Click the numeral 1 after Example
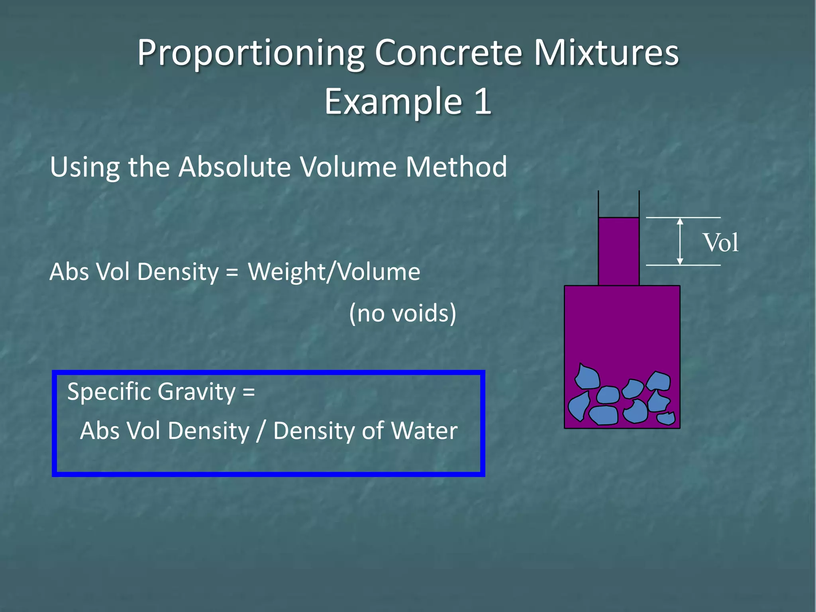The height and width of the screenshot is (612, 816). click(x=483, y=101)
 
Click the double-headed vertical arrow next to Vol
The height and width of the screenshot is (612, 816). click(x=680, y=241)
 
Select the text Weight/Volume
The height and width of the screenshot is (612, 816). click(x=334, y=272)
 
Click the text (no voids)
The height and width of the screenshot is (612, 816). click(x=402, y=313)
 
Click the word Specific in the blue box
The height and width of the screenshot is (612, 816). click(x=109, y=392)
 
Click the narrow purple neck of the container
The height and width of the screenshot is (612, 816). click(x=618, y=251)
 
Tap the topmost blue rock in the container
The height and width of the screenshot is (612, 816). click(x=587, y=377)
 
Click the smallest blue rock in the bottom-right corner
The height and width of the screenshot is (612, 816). click(x=666, y=418)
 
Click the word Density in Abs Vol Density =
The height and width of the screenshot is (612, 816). click(x=178, y=272)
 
